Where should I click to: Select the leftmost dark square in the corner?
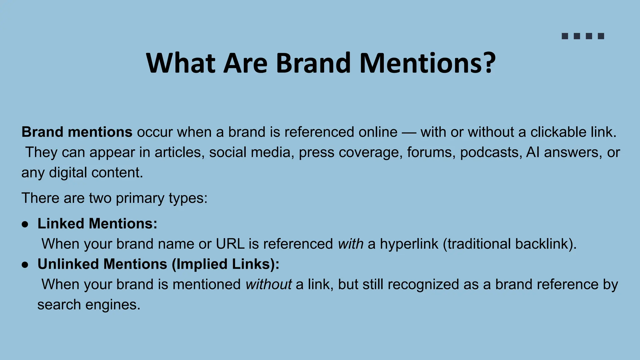[565, 36]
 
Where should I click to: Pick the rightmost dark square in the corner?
[601, 36]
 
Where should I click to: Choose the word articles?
[179, 152]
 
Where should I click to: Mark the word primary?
[140, 198]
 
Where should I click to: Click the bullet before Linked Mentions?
[25, 224]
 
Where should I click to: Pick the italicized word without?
[268, 285]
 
